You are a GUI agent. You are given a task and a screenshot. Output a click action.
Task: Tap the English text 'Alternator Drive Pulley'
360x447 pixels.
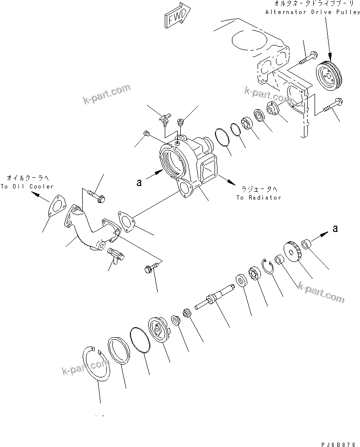coord(312,11)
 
